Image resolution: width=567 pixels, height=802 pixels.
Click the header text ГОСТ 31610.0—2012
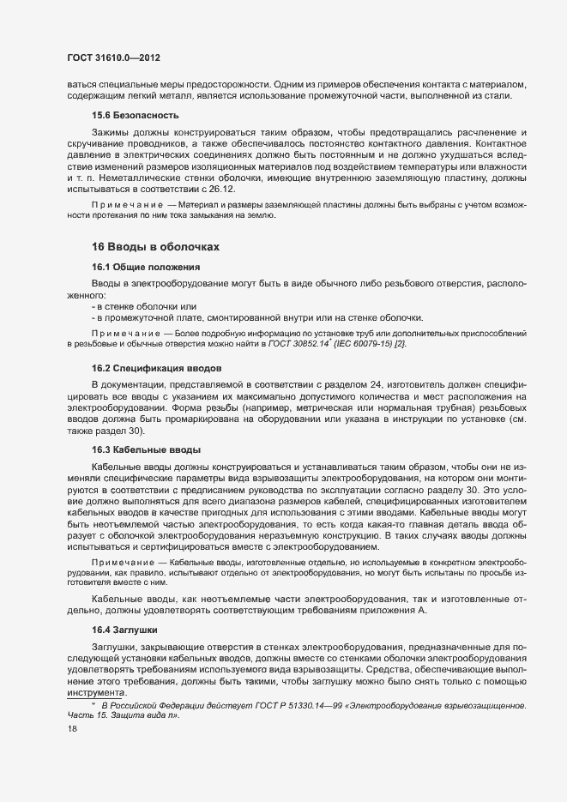point(113,57)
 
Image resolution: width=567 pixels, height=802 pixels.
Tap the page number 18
point(72,729)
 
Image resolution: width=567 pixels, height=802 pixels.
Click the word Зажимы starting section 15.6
point(110,132)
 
